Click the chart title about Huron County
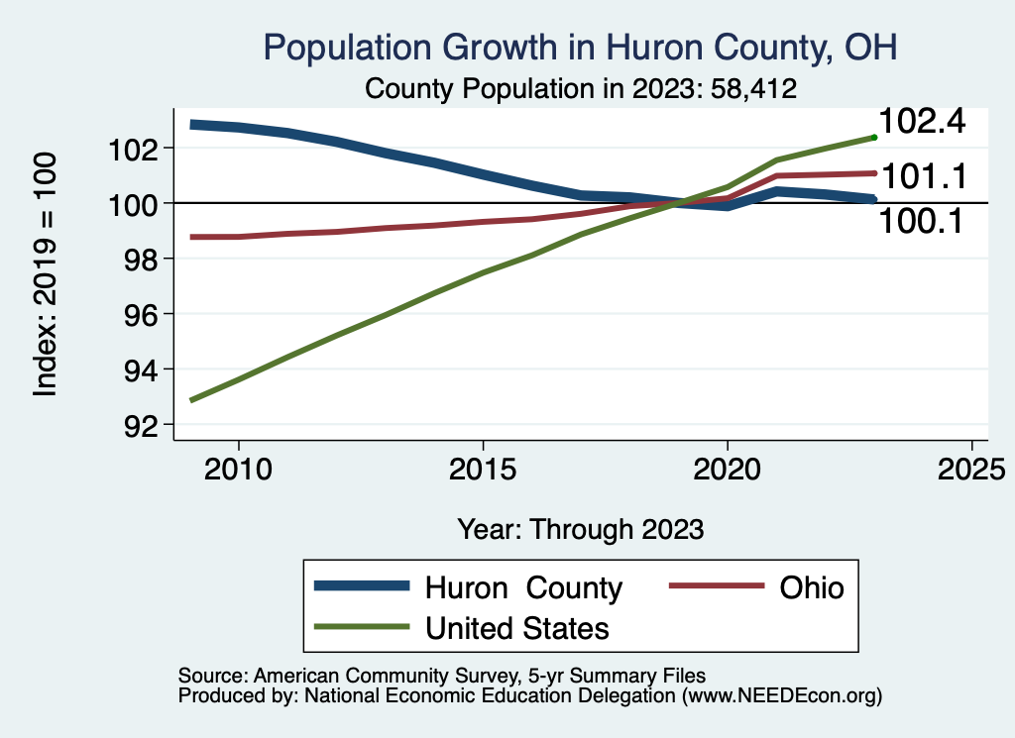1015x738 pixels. click(x=580, y=48)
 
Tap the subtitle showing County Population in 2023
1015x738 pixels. click(x=582, y=88)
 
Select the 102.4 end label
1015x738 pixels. click(x=923, y=122)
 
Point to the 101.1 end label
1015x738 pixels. click(x=923, y=177)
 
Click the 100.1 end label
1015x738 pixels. click(x=923, y=222)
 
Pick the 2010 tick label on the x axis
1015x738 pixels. click(x=239, y=468)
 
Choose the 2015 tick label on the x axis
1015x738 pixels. click(x=483, y=468)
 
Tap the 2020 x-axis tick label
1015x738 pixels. click(x=728, y=468)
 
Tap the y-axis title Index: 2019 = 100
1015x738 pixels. click(x=46, y=274)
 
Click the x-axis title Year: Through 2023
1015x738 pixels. click(x=581, y=529)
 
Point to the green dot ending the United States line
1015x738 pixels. click(x=874, y=137)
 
